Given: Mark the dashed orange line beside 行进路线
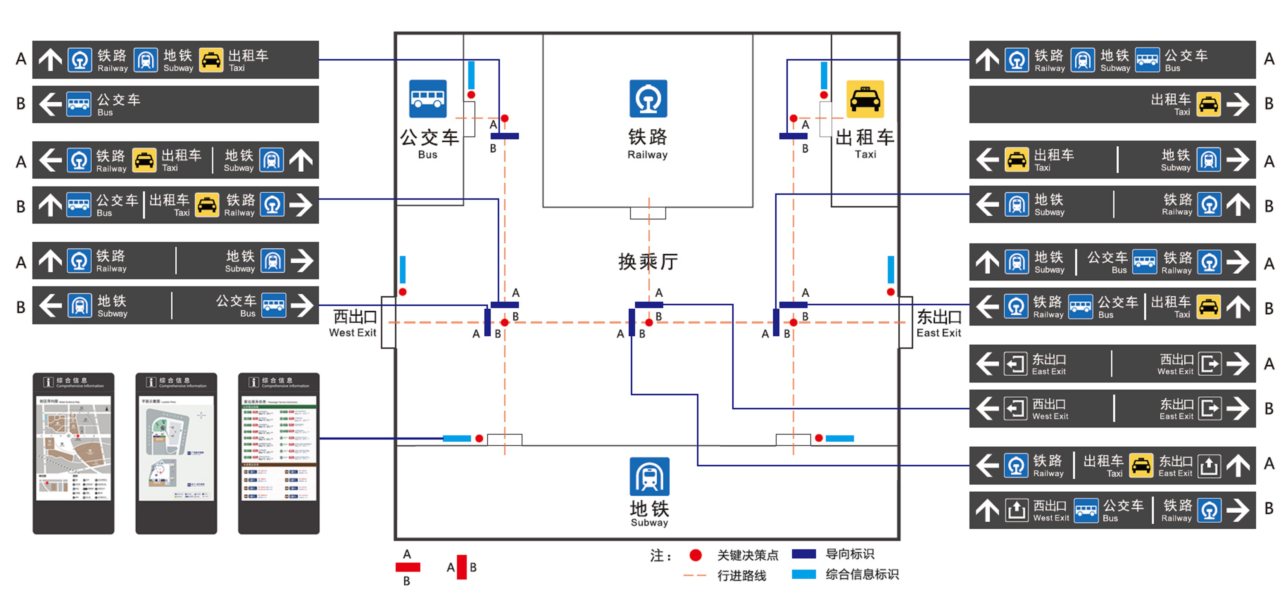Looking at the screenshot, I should click(x=694, y=576).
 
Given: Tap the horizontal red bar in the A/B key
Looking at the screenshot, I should click(x=408, y=567).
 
